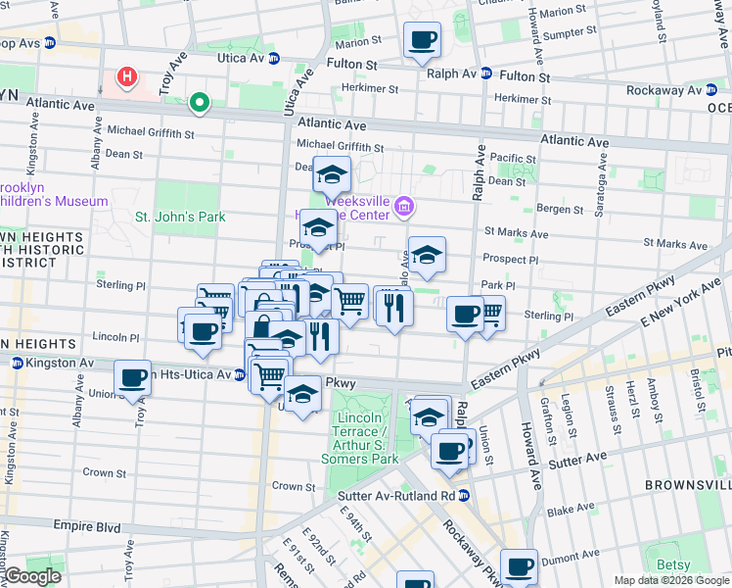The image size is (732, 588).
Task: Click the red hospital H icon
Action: click(126, 75)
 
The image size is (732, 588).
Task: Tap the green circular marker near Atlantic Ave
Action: click(201, 101)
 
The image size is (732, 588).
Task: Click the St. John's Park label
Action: click(180, 217)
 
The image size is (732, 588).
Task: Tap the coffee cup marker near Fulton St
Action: click(423, 40)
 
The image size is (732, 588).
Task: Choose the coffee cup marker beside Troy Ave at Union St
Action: click(132, 378)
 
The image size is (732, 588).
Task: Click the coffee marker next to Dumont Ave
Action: click(520, 565)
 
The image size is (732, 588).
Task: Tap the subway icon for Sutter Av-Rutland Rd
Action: click(466, 495)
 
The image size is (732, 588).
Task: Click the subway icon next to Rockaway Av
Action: click(710, 89)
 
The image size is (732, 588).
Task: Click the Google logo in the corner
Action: click(32, 576)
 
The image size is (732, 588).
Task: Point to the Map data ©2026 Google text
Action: click(671, 580)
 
